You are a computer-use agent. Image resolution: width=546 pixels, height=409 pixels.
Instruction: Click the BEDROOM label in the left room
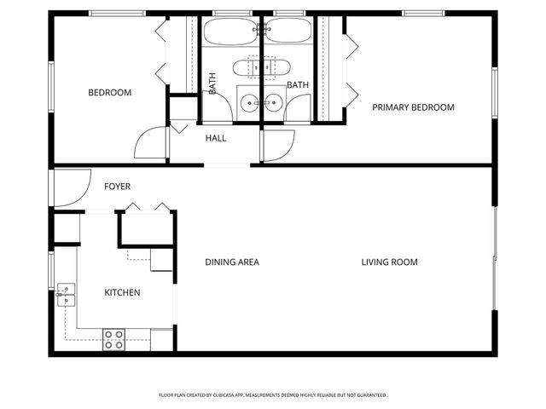tap(110, 93)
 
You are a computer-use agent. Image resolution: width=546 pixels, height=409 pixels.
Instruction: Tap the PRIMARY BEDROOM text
tap(413, 107)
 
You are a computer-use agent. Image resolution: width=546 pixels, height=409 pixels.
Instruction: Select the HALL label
tap(215, 137)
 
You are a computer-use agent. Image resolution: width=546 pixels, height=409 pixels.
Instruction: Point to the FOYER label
tap(117, 186)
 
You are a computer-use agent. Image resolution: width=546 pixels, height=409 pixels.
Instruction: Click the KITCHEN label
tap(122, 293)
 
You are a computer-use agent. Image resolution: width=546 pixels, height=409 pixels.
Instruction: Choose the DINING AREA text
tap(232, 262)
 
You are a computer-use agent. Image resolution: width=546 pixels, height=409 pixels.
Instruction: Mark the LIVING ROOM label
tap(389, 262)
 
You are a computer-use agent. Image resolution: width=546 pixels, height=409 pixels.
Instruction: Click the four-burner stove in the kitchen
tap(114, 339)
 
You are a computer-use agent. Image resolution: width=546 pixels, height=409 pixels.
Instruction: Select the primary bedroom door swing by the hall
tap(278, 147)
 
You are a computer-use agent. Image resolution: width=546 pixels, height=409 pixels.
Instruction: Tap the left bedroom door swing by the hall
tap(151, 142)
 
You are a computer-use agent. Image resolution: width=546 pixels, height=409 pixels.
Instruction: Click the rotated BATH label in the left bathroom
tap(212, 84)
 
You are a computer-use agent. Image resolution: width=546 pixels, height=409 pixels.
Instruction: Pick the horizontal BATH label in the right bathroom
tap(298, 85)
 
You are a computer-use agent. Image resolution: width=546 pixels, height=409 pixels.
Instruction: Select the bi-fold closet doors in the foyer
tap(146, 207)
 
